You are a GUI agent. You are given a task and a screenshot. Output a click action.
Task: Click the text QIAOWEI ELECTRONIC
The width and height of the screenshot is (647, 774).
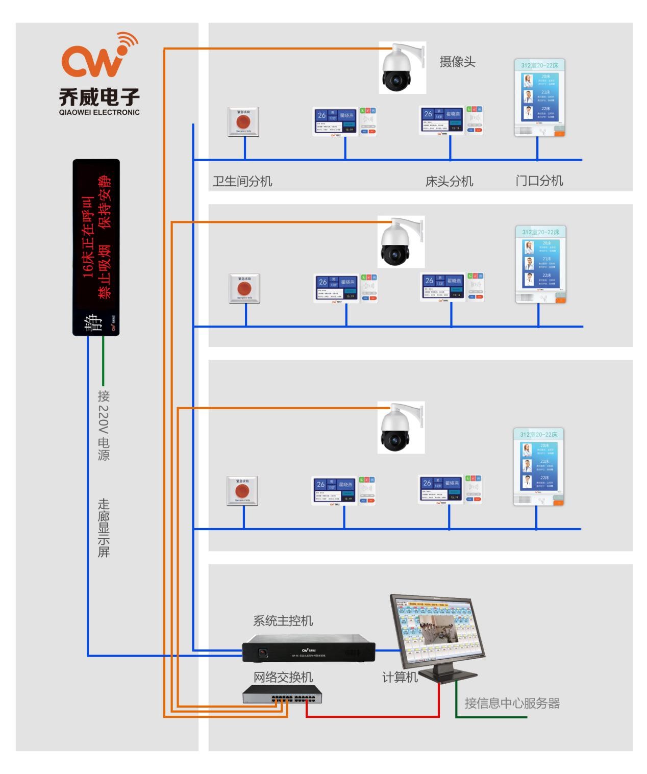coord(99,112)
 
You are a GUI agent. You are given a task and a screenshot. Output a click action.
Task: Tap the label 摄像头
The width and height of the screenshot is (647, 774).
coord(457,62)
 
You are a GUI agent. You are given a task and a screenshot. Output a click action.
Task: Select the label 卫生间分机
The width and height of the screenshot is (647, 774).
coord(242,181)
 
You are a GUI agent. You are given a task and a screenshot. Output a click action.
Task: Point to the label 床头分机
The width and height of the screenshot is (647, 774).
coord(449,181)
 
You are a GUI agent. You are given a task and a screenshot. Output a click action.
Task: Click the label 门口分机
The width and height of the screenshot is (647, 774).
coord(539,181)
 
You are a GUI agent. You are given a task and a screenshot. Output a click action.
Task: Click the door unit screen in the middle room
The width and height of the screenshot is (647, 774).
coord(540,264)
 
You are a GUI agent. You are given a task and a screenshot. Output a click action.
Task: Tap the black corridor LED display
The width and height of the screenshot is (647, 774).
coord(96,247)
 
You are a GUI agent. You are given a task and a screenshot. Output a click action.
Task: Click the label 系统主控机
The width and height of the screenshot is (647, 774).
coord(283,621)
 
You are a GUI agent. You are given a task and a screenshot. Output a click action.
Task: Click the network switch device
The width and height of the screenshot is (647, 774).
coord(282,694)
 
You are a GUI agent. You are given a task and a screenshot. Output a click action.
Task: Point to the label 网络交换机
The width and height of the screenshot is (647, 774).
coord(283,677)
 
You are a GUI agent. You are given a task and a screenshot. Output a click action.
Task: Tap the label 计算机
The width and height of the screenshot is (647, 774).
coord(400,677)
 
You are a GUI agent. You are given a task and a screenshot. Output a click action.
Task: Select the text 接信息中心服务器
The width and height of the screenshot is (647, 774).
coord(512,703)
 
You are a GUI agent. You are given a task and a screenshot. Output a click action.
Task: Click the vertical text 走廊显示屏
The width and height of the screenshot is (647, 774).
coord(104,528)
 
